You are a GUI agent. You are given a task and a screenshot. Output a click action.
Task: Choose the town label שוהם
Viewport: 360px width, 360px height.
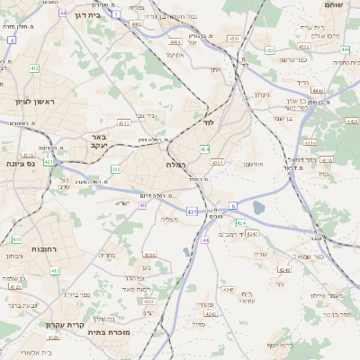tap(338, 4)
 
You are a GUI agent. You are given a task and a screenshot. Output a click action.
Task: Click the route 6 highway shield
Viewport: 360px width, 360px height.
tap(233, 206)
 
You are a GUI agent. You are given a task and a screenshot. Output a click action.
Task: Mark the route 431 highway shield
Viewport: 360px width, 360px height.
tap(191, 211)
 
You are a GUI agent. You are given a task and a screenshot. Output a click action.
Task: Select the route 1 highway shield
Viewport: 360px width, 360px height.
tap(116, 14)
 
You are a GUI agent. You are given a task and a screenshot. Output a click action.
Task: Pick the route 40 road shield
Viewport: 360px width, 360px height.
tap(143, 205)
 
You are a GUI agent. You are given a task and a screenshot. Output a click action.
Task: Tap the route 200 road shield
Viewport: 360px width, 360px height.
tap(115, 168)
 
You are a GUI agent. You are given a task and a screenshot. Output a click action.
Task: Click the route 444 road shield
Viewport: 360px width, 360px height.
tap(206, 240)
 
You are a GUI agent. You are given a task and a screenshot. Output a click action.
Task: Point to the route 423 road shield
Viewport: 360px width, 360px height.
tap(48, 162)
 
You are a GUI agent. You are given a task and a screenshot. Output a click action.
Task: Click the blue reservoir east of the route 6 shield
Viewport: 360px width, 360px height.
tap(259, 208)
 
